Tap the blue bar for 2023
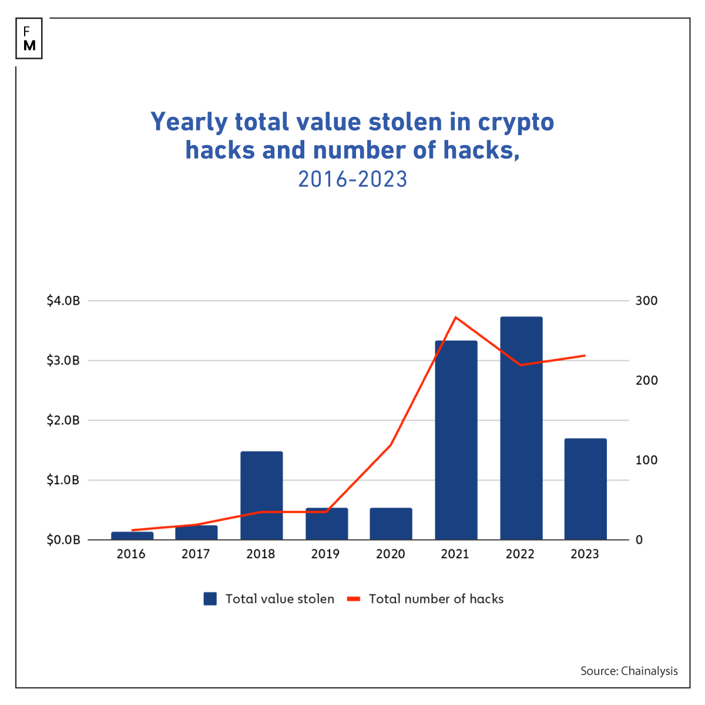585,489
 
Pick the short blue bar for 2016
132,535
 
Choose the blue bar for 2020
391,523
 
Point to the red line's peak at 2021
456,317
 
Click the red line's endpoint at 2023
585,355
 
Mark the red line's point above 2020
391,445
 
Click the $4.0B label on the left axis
63,301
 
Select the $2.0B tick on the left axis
63,421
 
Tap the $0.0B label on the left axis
63,540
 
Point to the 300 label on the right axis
647,301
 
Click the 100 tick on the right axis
647,460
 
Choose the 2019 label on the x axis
325,554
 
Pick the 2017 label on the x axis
196,554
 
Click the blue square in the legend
210,599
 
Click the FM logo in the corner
29,38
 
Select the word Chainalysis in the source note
649,671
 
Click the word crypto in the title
516,122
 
